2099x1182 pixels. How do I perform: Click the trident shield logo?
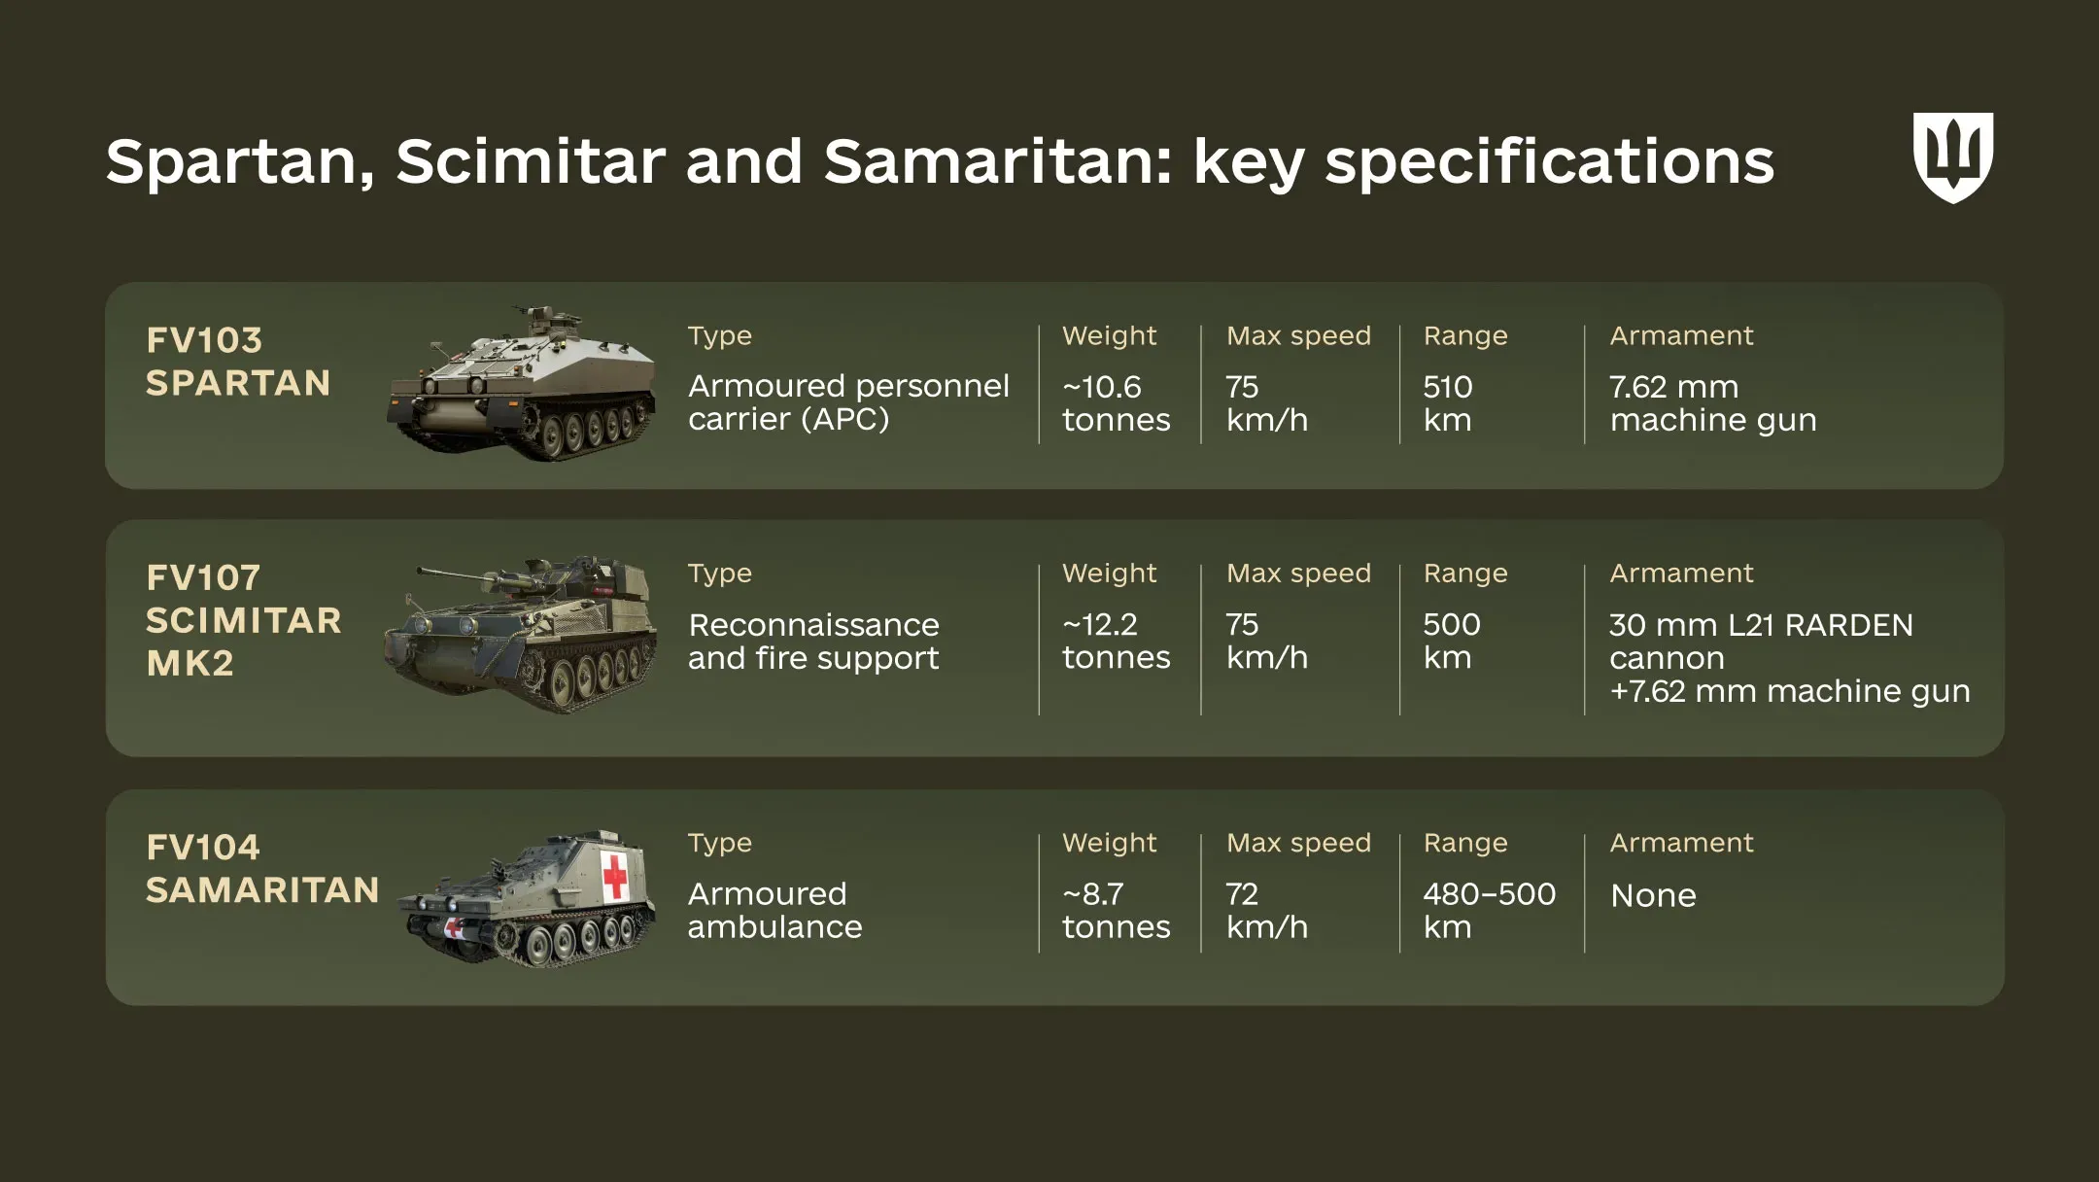coord(1952,156)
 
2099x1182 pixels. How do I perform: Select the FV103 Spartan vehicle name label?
coord(238,362)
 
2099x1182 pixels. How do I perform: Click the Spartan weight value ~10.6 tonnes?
coord(1116,403)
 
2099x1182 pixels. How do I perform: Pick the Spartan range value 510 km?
coord(1448,403)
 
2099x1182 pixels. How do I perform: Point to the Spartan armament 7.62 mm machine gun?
coord(1712,403)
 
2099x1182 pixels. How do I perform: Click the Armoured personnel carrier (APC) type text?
coord(848,402)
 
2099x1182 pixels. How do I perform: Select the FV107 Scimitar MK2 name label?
coord(243,620)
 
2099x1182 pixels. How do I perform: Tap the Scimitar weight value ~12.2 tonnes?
coord(1116,641)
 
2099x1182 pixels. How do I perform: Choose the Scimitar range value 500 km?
coord(1451,641)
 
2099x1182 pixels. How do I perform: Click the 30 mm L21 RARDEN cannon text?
coord(1761,641)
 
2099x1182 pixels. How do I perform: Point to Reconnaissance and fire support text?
coord(813,642)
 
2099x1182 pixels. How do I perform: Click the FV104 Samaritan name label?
coord(261,869)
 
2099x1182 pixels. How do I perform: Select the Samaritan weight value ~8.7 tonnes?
coord(1116,910)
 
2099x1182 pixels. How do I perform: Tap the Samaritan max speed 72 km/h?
coord(1266,910)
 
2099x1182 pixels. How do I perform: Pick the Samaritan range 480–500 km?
coord(1489,910)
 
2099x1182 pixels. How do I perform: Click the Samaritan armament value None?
coord(1653,895)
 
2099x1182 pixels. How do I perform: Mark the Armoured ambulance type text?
coord(774,910)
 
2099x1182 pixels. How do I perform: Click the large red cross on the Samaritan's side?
coord(614,876)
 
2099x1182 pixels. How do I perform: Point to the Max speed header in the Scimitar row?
coord(1298,574)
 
